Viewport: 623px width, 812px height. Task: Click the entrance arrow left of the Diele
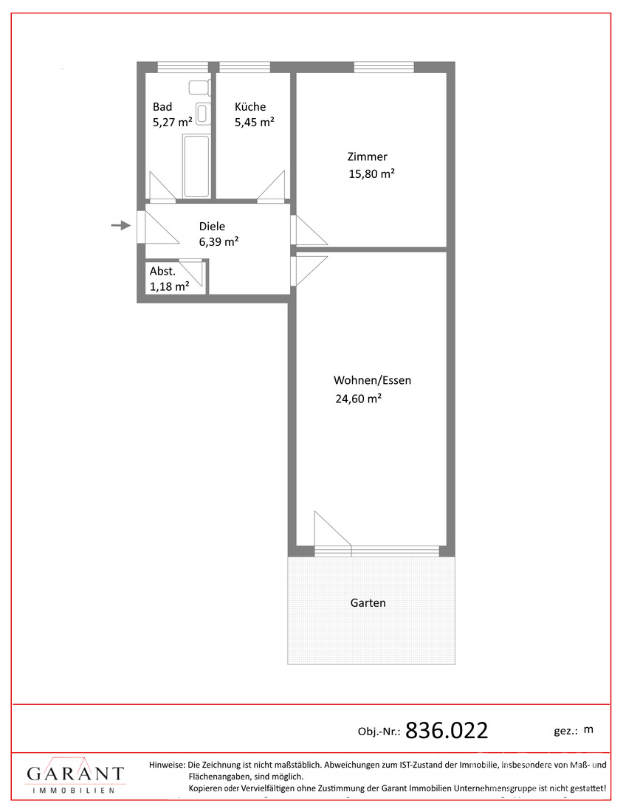point(120,225)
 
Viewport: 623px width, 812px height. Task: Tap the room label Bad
point(162,107)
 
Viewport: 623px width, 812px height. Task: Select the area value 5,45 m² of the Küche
point(254,123)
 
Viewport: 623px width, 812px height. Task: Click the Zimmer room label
point(367,156)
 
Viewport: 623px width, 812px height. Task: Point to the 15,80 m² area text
point(371,173)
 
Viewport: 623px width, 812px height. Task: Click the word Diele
point(212,227)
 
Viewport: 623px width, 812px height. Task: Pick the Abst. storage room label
point(162,272)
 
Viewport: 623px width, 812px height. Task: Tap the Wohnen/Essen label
point(372,380)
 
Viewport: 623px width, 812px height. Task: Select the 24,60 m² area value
point(358,399)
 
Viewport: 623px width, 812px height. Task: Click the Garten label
point(368,603)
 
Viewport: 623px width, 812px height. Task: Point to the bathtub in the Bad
point(196,166)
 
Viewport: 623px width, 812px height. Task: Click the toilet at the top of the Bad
point(200,88)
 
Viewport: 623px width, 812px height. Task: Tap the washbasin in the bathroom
point(204,114)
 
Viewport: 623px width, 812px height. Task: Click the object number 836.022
point(447,731)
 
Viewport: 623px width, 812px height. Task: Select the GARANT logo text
point(75,774)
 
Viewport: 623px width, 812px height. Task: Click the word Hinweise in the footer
point(167,764)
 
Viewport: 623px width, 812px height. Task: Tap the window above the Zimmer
point(385,67)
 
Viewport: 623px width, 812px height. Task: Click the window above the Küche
point(244,67)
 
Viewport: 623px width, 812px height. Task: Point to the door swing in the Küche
point(271,185)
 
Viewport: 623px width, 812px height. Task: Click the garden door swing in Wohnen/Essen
point(332,529)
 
